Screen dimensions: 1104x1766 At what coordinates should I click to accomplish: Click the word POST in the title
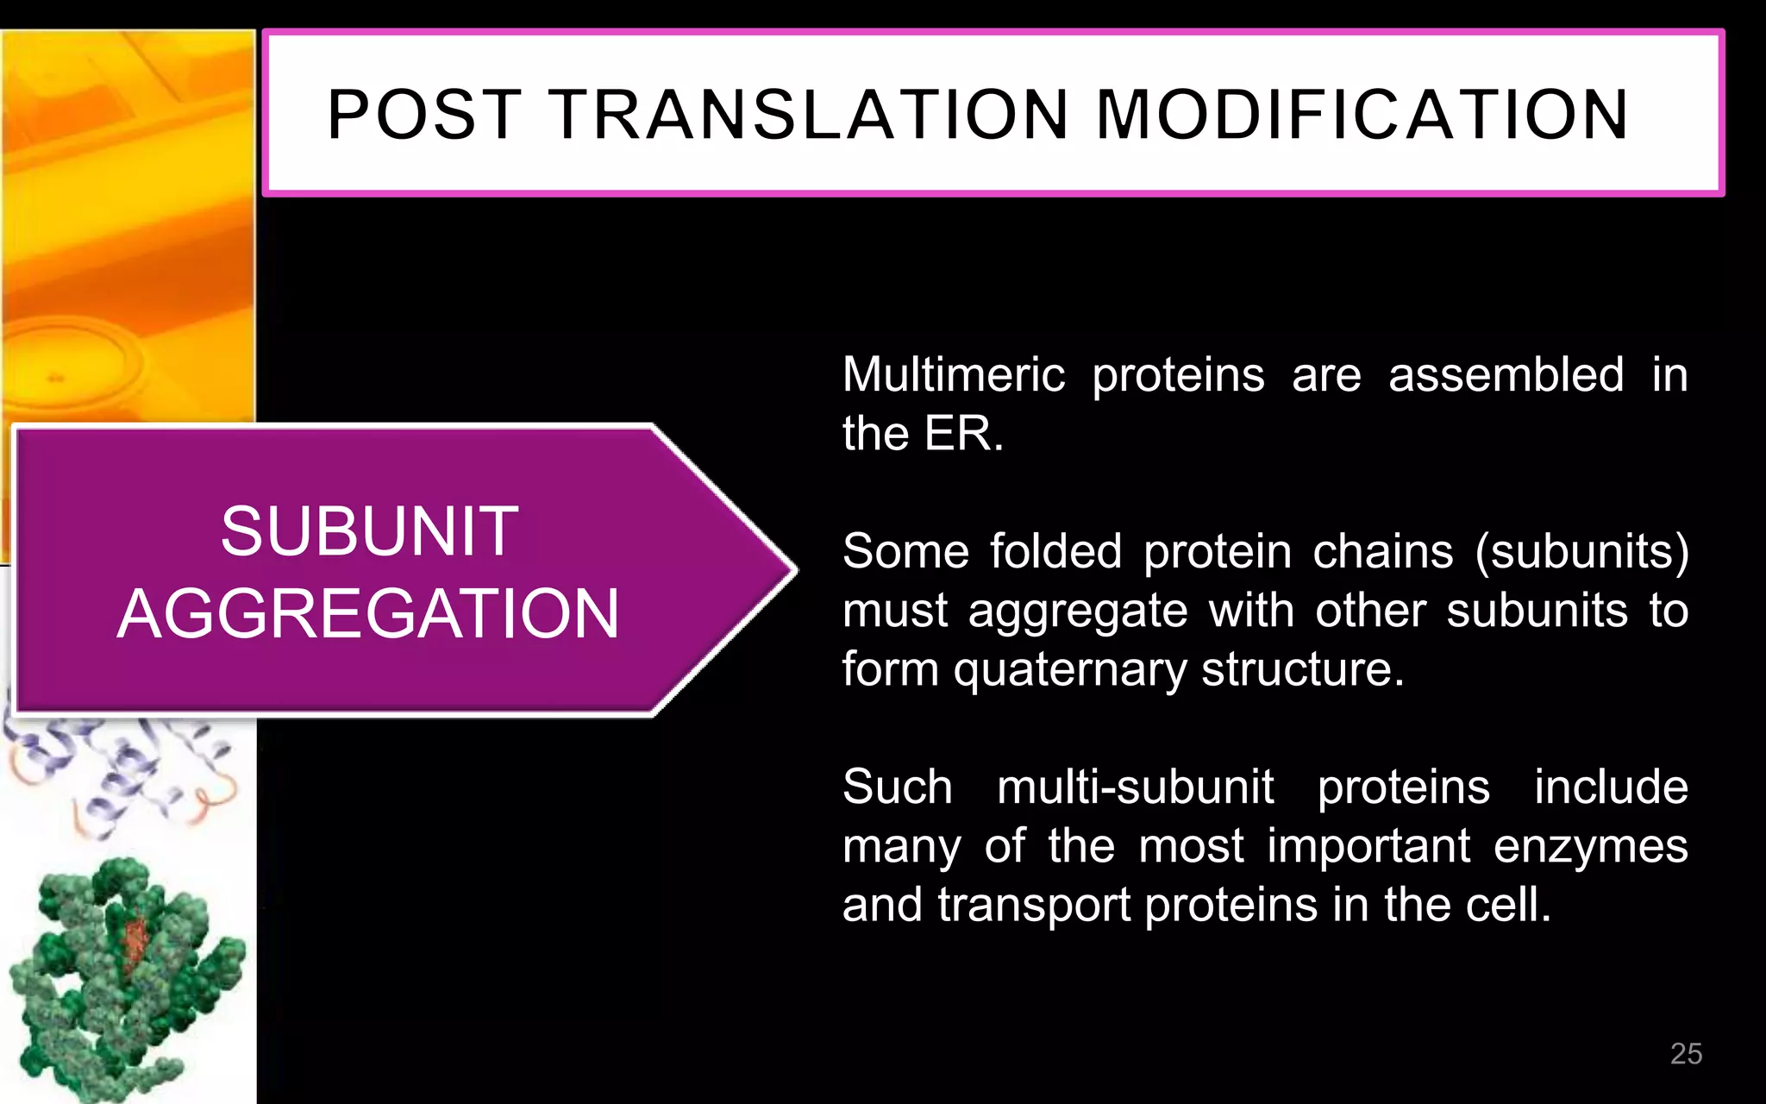tap(424, 115)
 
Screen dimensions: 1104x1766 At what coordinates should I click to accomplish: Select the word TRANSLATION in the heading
tap(809, 115)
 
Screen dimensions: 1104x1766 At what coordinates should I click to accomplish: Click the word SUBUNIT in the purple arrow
tap(369, 531)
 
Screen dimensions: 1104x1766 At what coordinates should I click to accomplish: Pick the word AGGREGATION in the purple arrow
tap(368, 614)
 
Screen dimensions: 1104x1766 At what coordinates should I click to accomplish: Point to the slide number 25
tap(1686, 1053)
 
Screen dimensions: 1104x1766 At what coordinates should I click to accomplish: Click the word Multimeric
tap(954, 375)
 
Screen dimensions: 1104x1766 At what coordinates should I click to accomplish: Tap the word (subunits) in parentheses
tap(1581, 551)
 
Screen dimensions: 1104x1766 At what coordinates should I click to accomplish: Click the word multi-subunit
tap(1135, 787)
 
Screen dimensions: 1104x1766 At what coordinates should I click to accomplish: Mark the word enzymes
tap(1590, 846)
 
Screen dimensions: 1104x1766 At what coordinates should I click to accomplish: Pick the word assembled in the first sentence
tap(1506, 375)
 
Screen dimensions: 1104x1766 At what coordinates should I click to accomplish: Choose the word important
tap(1368, 846)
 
